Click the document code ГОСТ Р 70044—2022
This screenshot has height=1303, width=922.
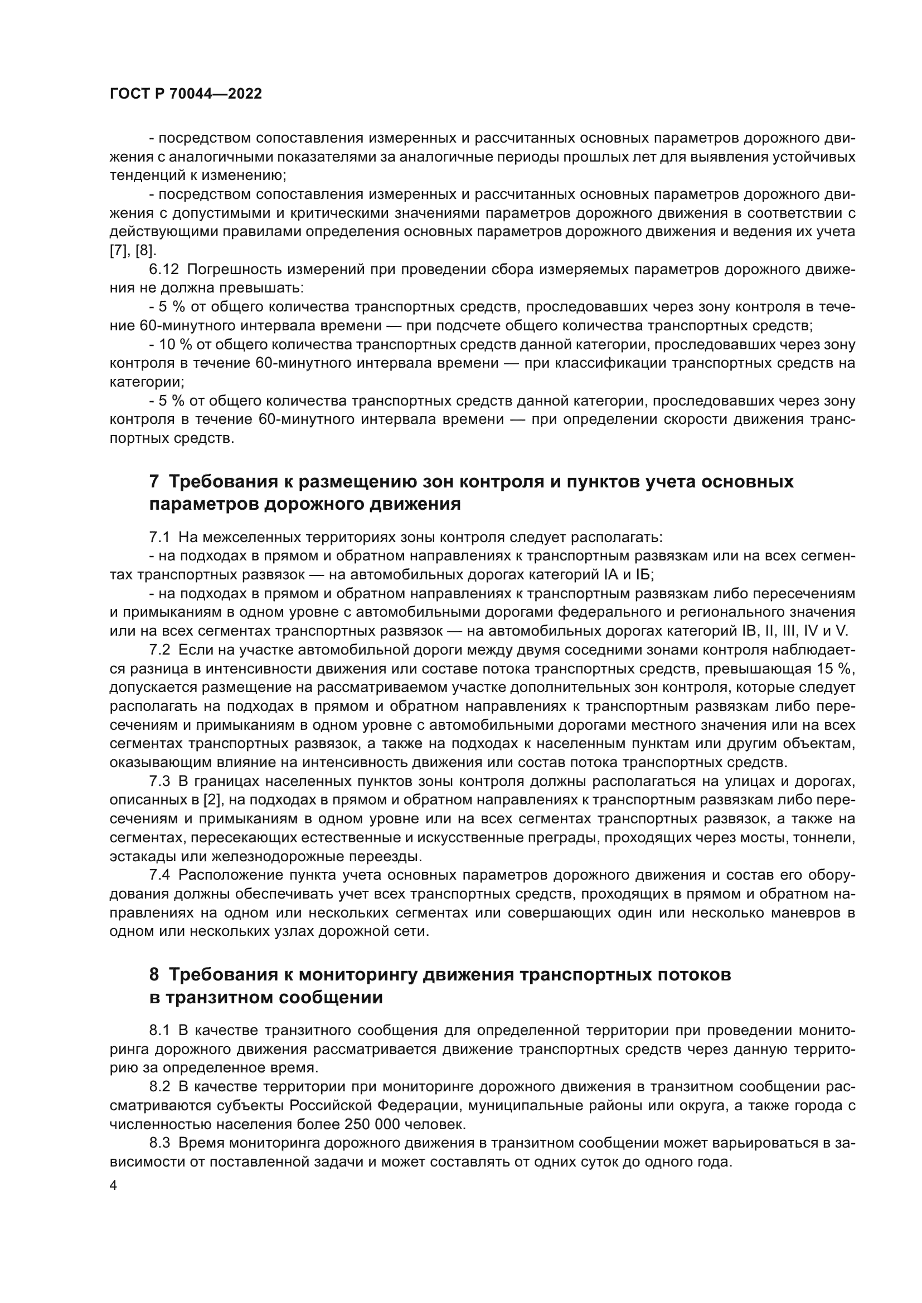pos(186,94)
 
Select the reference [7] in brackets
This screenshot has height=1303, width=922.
pos(119,251)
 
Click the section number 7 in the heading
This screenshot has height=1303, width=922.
pos(154,482)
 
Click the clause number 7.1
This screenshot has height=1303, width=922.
pos(159,537)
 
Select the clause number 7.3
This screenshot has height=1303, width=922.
pos(159,781)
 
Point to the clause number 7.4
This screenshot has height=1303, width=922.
pos(159,875)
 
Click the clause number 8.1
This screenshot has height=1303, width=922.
pos(159,1030)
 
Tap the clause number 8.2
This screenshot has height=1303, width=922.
pos(159,1086)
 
